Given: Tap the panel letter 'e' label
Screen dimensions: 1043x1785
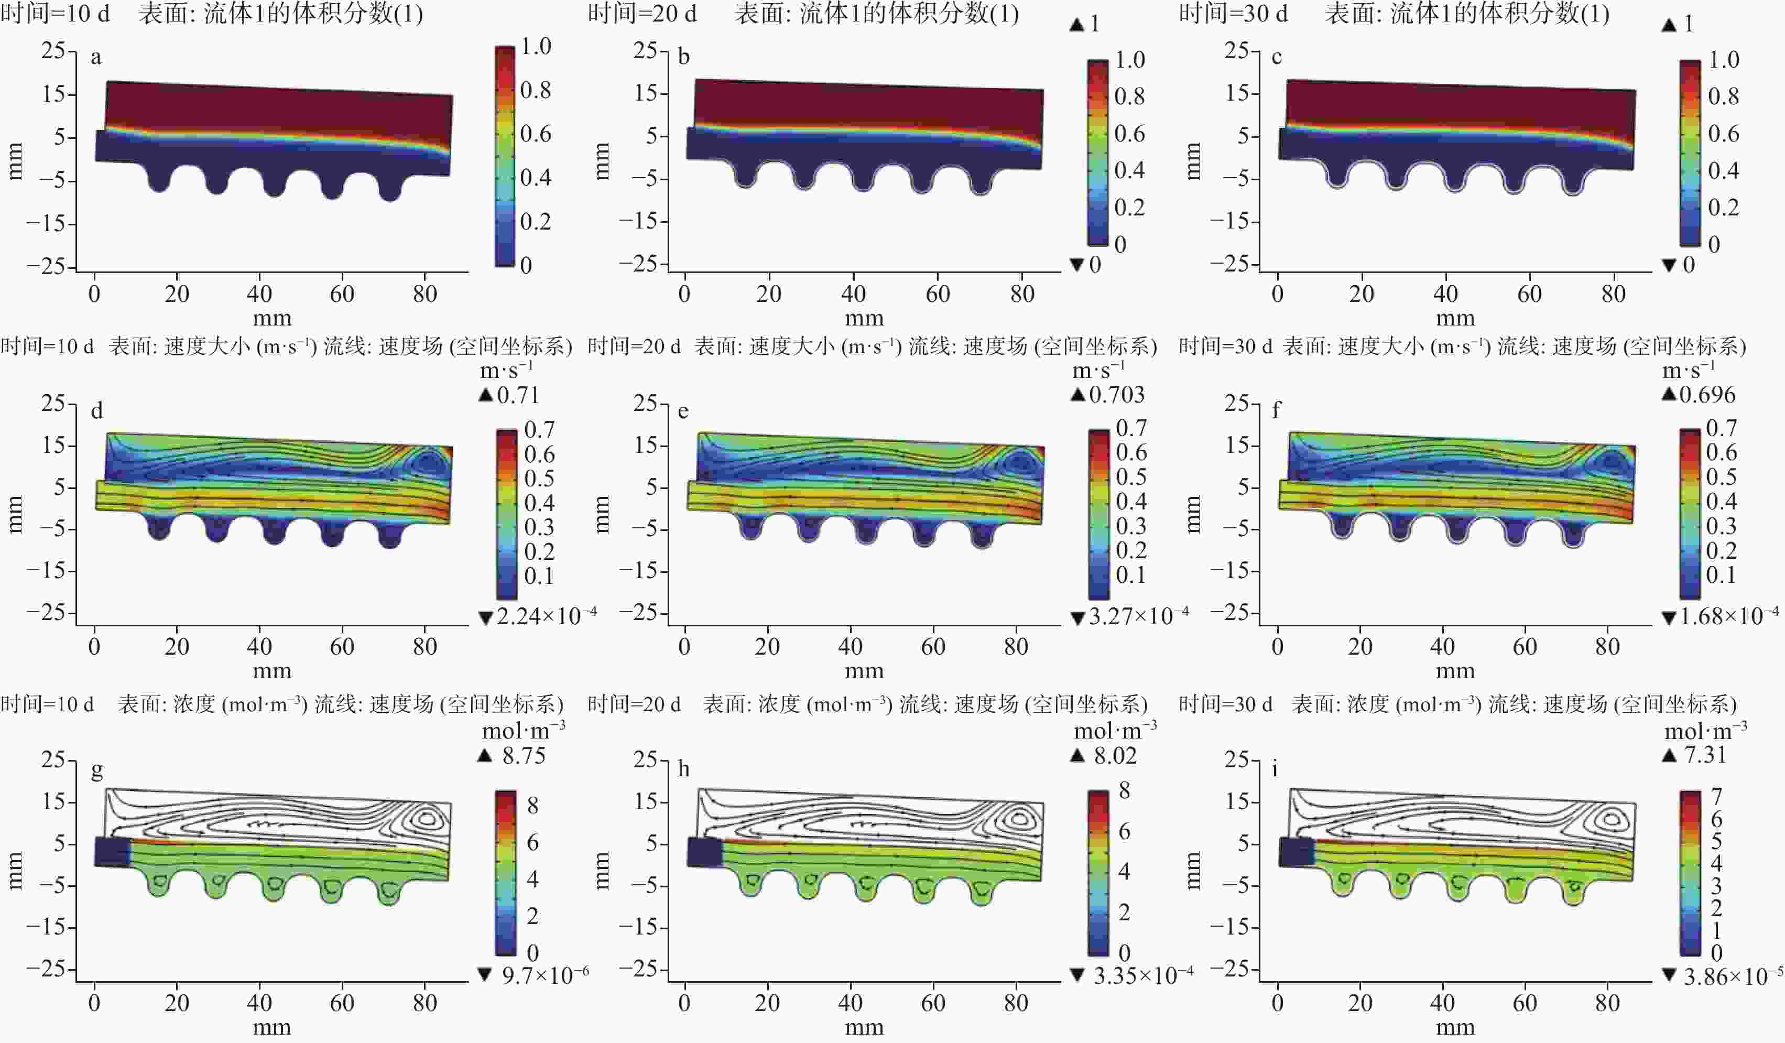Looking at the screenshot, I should click(683, 411).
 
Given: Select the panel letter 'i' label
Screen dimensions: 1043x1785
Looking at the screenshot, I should click(1275, 769).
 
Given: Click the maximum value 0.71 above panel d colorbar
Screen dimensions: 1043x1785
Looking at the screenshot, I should click(518, 395).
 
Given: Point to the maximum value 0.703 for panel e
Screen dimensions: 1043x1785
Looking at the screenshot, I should click(1116, 395).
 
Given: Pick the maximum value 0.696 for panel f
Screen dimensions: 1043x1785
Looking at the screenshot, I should click(1707, 395).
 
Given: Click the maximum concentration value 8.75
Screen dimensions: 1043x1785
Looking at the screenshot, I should click(524, 755).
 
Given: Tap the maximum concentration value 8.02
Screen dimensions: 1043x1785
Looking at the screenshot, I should click(1115, 755).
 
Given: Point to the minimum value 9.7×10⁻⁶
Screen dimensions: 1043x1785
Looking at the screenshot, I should click(545, 976).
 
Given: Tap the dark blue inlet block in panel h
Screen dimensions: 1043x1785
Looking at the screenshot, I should click(704, 852).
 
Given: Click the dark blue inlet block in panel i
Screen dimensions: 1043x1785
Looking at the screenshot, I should click(1296, 852).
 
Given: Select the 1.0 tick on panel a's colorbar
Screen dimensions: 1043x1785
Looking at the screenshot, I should click(536, 47).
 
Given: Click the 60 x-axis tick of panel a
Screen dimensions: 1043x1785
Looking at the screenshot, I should click(342, 294).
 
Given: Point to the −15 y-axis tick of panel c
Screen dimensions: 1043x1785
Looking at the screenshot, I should click(1233, 222).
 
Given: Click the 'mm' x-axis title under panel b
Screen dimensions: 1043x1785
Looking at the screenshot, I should click(864, 318).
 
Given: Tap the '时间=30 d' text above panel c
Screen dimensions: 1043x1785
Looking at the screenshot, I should click(1233, 14).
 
